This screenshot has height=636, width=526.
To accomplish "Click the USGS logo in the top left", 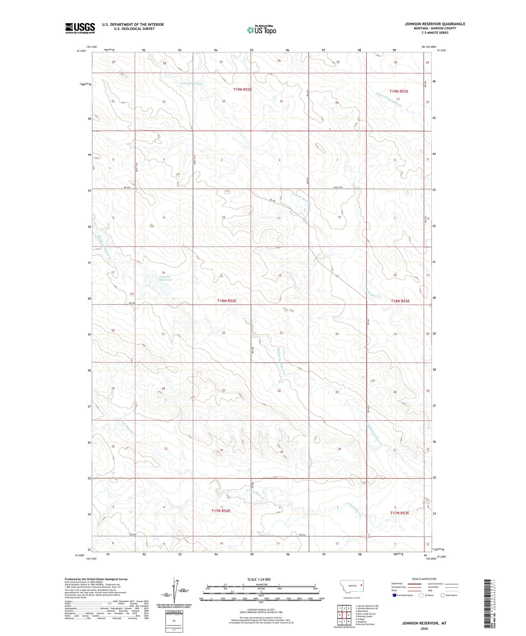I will point(80,28).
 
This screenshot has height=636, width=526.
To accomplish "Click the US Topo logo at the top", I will point(261,30).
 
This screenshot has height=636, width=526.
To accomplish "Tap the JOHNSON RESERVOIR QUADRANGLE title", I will point(435,24).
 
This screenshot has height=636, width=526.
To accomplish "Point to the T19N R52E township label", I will point(243,89).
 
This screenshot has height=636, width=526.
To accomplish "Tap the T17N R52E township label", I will point(221,511).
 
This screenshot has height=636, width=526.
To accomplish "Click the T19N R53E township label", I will point(399,91).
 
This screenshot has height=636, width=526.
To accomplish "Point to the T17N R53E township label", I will point(399,513).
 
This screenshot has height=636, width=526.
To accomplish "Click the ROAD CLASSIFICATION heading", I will point(424,579).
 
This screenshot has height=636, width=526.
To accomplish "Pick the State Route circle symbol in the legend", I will point(443,595).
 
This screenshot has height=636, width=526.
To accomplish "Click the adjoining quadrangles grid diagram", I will point(345,615).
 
